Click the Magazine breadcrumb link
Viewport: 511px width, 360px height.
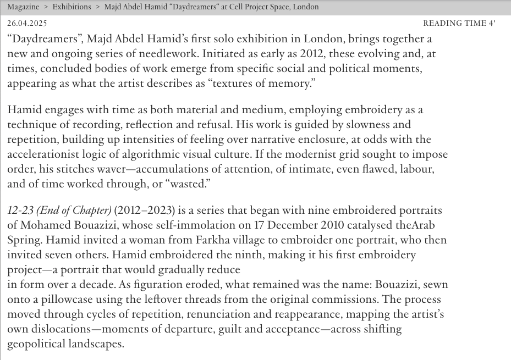23,7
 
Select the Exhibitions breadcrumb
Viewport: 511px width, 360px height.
72,7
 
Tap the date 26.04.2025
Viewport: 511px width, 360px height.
27,24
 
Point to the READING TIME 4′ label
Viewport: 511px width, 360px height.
459,24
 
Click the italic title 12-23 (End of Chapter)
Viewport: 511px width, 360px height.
59,211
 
